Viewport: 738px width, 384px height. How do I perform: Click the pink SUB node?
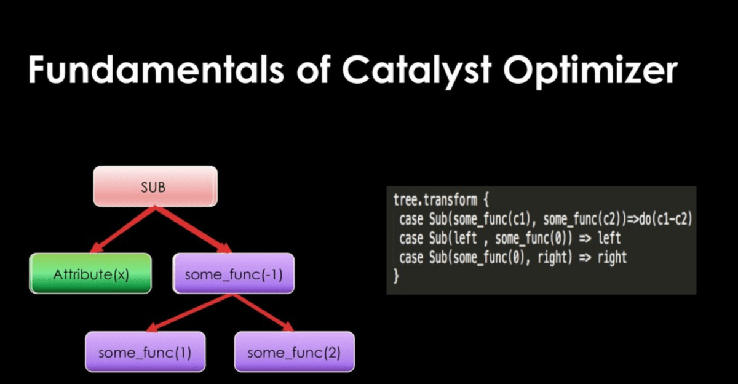pyautogui.click(x=155, y=186)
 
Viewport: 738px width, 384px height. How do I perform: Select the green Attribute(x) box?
pyautogui.click(x=90, y=273)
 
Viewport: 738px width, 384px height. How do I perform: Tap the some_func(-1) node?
pyautogui.click(x=234, y=273)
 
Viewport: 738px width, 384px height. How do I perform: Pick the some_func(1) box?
pyautogui.click(x=145, y=352)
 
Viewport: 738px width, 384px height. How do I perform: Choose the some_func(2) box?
pyautogui.click(x=295, y=352)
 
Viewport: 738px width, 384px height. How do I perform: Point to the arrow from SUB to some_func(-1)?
pyautogui.click(x=193, y=230)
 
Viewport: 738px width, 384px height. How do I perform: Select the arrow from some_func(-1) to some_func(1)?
pyautogui.click(x=189, y=313)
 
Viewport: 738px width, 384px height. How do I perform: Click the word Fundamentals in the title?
pyautogui.click(x=156, y=70)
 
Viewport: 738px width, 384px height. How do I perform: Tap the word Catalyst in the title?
pyautogui.click(x=417, y=71)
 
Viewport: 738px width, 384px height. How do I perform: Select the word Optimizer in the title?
pyautogui.click(x=590, y=71)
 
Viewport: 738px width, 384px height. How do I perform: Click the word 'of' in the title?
pyautogui.click(x=313, y=70)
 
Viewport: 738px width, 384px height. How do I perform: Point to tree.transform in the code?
pyautogui.click(x=435, y=200)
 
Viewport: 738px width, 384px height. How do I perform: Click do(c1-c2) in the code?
pyautogui.click(x=665, y=219)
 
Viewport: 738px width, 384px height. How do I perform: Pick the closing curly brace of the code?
pyautogui.click(x=396, y=276)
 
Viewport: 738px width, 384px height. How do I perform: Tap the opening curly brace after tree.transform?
pyautogui.click(x=486, y=200)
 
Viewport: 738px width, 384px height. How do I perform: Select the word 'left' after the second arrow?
pyautogui.click(x=609, y=238)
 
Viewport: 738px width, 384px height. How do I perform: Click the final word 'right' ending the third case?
pyautogui.click(x=612, y=258)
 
